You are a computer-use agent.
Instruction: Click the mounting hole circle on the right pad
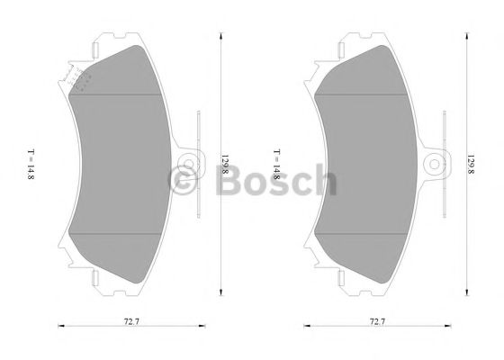coord(436,164)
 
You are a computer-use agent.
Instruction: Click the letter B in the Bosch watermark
coord(229,182)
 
